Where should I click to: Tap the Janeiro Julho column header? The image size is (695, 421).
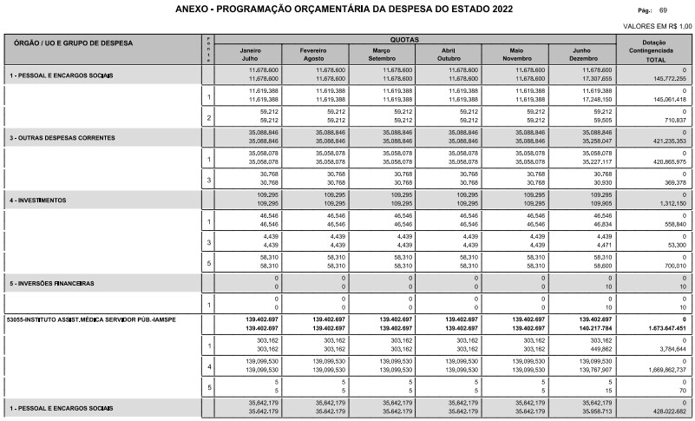point(255,55)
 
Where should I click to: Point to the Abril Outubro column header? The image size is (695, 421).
point(448,55)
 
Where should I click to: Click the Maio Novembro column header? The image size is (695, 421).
point(516,55)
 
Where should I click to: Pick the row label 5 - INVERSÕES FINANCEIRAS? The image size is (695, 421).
point(51,284)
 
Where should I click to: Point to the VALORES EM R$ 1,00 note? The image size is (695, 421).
point(658,26)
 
